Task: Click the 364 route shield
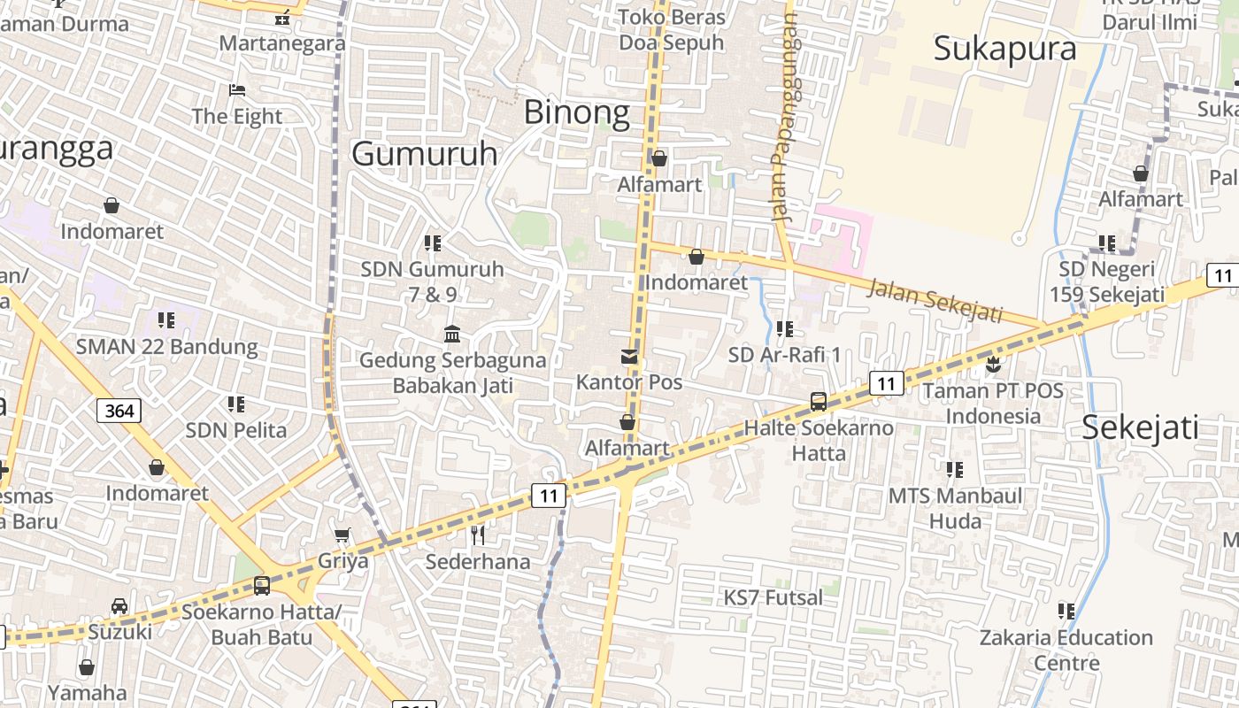point(119,411)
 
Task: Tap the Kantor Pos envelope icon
point(629,357)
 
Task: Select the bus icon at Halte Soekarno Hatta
point(819,402)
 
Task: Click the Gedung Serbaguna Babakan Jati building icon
point(452,335)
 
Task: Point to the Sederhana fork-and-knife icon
point(478,535)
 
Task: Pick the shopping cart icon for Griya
point(342,535)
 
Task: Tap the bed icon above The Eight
point(236,90)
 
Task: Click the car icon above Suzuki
point(119,606)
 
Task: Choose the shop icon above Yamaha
point(87,667)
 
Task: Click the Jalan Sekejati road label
point(935,301)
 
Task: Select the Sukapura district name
point(1004,49)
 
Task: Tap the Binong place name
point(577,112)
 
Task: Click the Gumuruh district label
point(425,154)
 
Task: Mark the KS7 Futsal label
point(773,598)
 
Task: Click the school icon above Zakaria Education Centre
point(1066,611)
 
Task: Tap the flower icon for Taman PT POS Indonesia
point(993,364)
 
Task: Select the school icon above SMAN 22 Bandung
point(165,319)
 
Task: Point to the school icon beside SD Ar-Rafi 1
point(784,329)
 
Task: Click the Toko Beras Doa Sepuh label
point(671,29)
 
